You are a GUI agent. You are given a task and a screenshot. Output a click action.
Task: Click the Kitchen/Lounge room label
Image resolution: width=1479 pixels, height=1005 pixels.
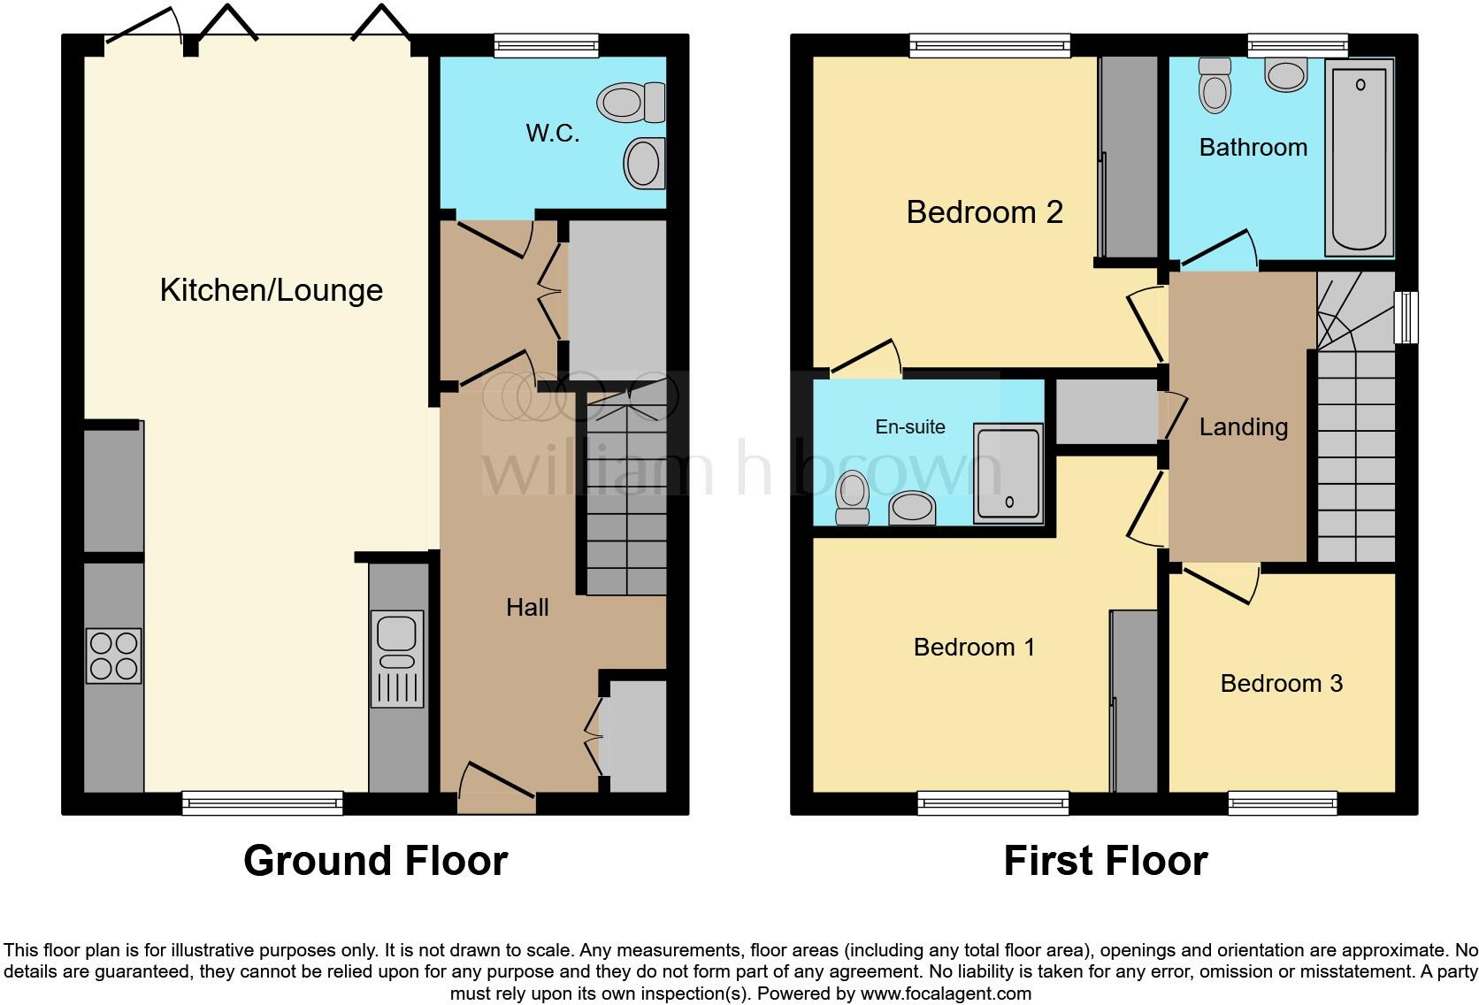coord(271,290)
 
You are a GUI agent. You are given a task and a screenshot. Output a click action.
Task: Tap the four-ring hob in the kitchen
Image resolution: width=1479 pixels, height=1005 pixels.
coord(113,656)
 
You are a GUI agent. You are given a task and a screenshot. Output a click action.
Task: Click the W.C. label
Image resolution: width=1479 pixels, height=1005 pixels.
coord(553,134)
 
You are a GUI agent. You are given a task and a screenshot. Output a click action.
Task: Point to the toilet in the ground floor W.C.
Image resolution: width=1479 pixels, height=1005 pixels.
coord(631,103)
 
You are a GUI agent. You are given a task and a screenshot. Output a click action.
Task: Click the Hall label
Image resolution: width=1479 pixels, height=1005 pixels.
coord(527,607)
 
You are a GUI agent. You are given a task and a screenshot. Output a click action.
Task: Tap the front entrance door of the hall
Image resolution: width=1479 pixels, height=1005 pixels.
coord(497,790)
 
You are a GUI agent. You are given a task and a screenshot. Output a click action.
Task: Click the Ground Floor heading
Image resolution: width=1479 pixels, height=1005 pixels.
coord(375,861)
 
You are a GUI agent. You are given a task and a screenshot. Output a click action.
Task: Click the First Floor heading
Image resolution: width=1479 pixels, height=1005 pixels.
coord(1105,861)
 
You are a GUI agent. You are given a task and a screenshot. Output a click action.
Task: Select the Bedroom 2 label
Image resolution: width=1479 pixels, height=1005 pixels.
coord(985,212)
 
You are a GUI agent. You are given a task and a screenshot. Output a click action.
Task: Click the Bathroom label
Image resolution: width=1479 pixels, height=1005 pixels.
coord(1253,147)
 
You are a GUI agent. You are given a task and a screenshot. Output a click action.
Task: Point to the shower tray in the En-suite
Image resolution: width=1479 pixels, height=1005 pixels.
coord(1008,473)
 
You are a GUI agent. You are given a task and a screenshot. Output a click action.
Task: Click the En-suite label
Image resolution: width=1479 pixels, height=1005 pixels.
coord(910,427)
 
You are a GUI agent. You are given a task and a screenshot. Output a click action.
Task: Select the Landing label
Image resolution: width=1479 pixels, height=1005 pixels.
coord(1243,427)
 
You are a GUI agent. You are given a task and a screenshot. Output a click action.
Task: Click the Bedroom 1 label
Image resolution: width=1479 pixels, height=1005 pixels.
coord(974,648)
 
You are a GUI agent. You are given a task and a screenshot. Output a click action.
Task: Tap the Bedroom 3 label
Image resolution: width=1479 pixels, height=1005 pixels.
coord(1281,683)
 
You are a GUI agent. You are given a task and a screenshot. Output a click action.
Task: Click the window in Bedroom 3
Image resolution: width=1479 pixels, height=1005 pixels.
coord(1282,803)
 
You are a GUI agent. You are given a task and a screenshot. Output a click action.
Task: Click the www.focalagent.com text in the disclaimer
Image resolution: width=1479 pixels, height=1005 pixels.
coord(945,993)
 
